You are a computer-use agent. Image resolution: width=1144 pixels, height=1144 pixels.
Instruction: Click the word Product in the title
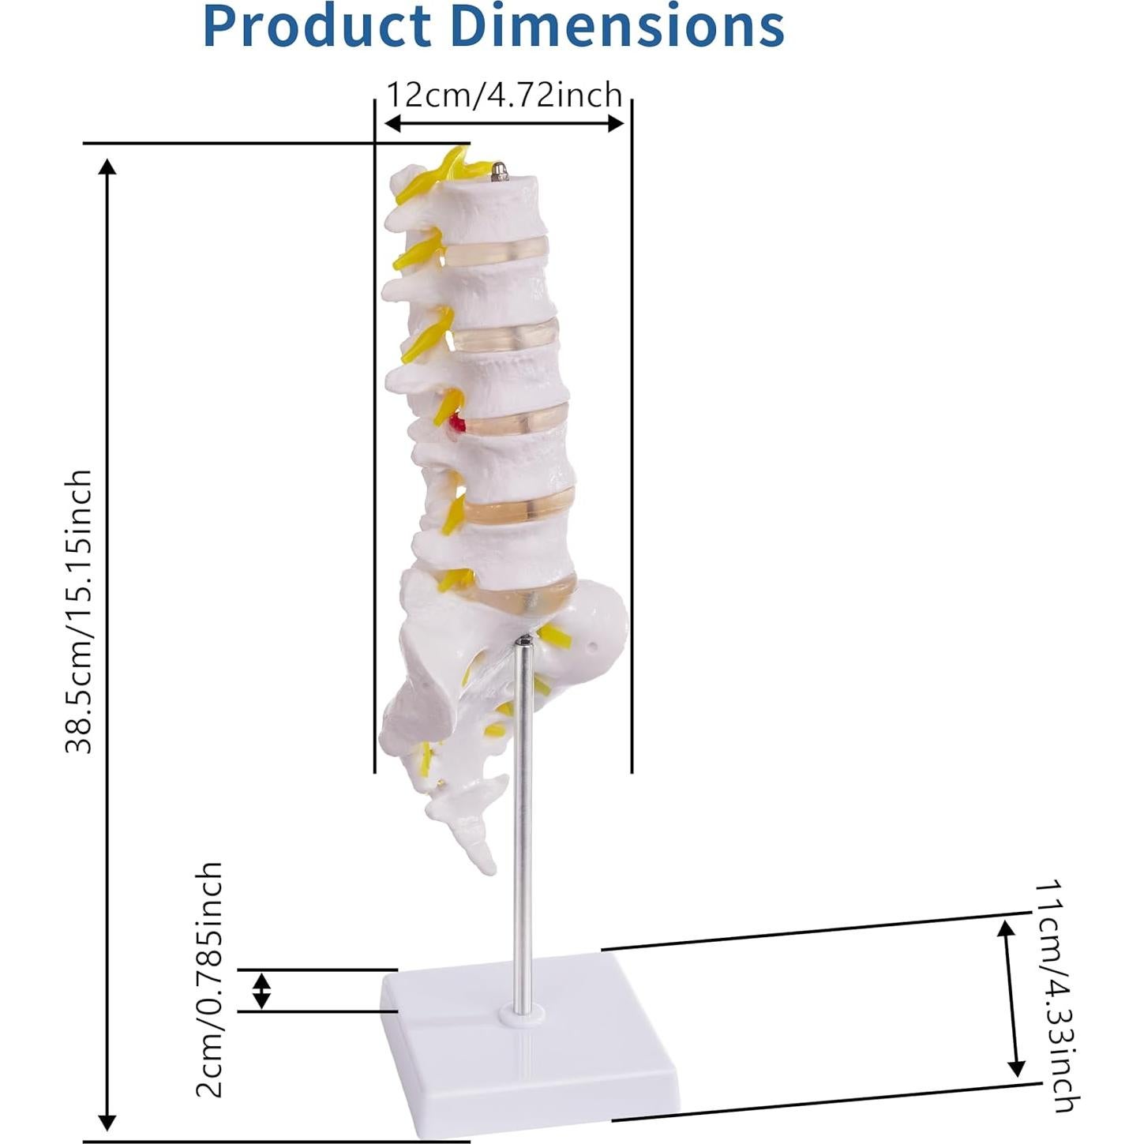pos(321,27)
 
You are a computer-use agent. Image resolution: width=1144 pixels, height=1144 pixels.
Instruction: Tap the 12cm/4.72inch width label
pos(504,96)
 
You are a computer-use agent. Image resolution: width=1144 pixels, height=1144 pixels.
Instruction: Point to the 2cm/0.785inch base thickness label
pos(209,979)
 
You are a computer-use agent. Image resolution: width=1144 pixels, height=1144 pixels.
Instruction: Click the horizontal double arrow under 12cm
pos(504,123)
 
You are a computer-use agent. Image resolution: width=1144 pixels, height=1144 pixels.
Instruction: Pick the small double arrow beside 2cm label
pos(261,990)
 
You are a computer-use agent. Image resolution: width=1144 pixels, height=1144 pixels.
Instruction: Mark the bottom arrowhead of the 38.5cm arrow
pos(107,1121)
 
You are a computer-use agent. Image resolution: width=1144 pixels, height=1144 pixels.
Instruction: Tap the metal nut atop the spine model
pos(499,170)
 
